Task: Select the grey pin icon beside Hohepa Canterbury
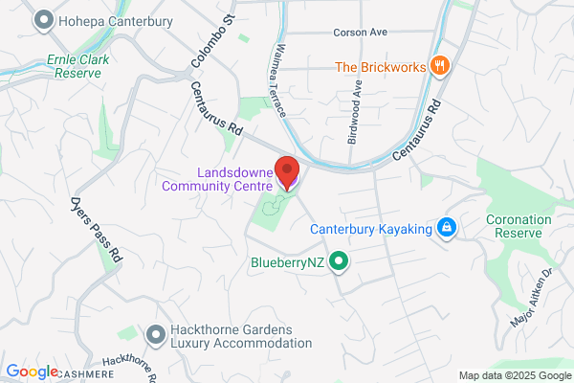(43, 19)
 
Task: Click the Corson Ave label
(360, 32)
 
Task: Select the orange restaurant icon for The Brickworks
(440, 66)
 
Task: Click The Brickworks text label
(381, 67)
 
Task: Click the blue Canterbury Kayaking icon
(445, 228)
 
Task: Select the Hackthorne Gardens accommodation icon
(155, 334)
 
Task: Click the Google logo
(32, 372)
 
